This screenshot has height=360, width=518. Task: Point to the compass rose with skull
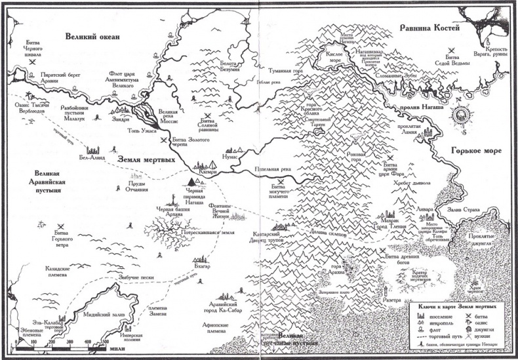click(462, 116)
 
